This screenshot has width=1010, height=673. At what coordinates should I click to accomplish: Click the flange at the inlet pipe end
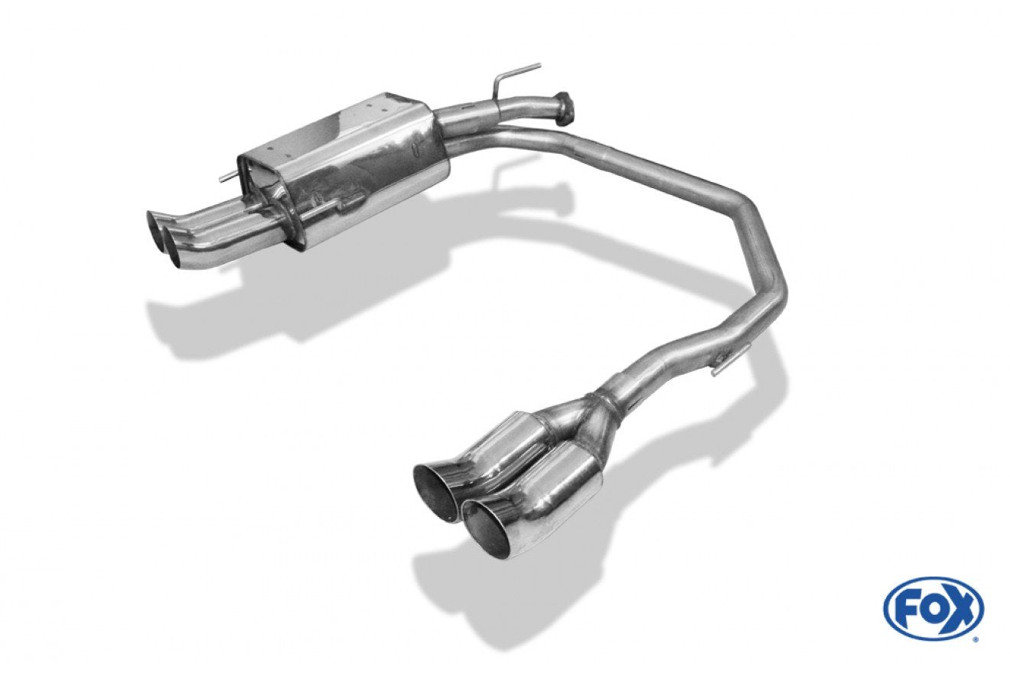click(x=565, y=107)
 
